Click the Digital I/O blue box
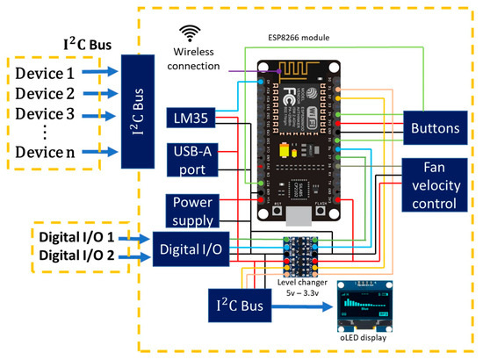point(191,250)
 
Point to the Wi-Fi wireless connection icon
point(187,32)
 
